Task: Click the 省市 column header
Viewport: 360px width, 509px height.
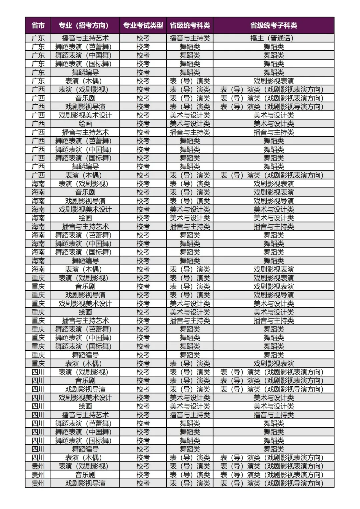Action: point(38,25)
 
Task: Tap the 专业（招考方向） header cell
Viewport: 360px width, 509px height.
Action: point(85,25)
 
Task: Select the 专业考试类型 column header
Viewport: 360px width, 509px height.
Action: point(143,25)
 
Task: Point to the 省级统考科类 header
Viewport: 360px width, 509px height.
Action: point(190,25)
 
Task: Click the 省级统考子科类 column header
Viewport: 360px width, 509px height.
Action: point(273,25)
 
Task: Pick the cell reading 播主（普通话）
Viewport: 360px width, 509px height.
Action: point(273,38)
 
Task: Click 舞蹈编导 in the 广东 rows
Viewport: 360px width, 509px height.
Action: point(85,72)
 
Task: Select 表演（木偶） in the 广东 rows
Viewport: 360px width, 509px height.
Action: point(85,81)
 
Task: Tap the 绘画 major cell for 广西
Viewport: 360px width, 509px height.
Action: point(85,124)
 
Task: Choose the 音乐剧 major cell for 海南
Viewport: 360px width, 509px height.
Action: point(85,192)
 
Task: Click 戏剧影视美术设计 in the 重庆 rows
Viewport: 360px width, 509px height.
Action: point(85,304)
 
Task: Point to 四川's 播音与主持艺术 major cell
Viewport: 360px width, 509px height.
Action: point(85,415)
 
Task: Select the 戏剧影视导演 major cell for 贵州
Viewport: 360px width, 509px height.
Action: point(85,483)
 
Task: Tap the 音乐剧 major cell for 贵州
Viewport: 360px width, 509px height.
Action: point(85,475)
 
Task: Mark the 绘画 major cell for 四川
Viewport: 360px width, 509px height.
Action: point(85,406)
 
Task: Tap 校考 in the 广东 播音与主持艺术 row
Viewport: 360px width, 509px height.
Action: point(143,38)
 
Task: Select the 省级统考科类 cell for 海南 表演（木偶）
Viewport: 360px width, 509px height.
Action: point(190,269)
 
